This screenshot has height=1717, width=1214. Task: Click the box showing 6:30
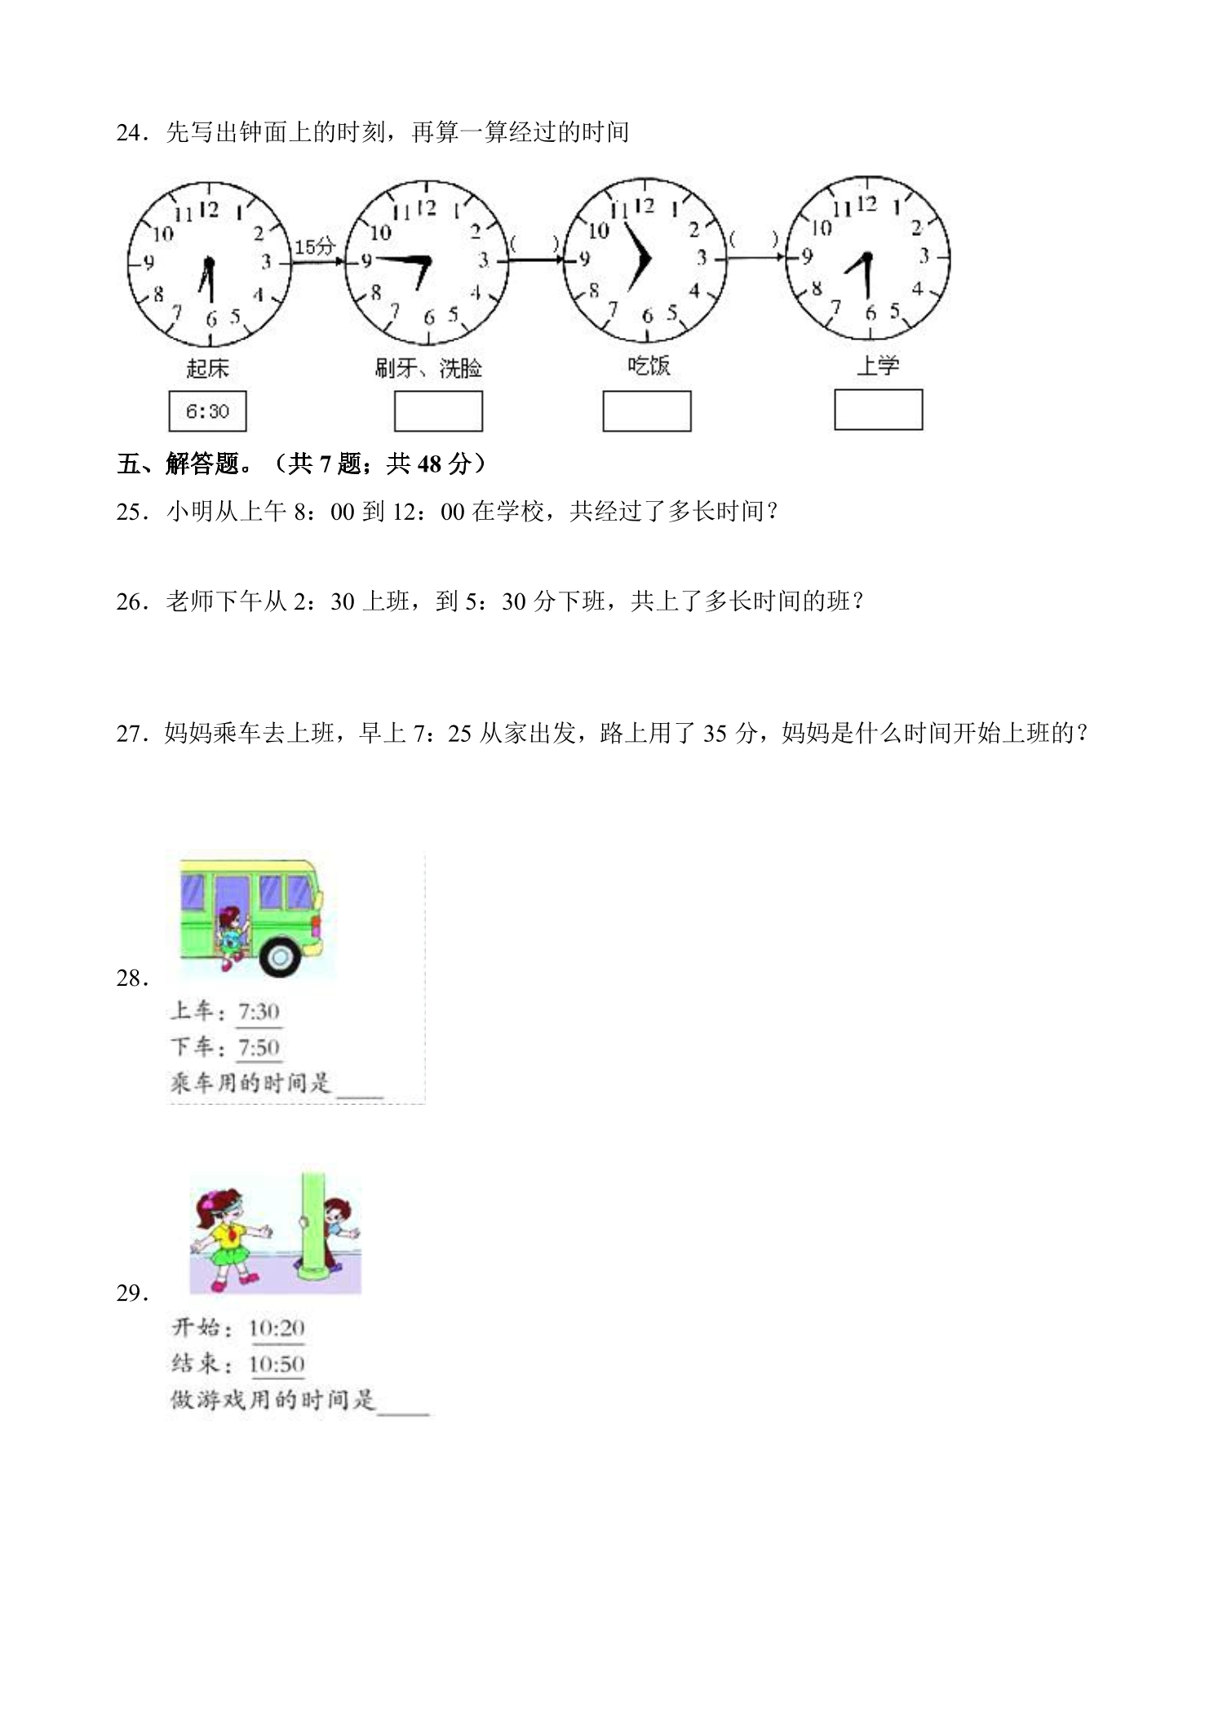pyautogui.click(x=207, y=411)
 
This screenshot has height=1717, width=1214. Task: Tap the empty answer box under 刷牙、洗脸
pyautogui.click(x=438, y=411)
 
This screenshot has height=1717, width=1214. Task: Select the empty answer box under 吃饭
pyautogui.click(x=647, y=411)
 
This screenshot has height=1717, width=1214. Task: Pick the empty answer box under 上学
pyautogui.click(x=879, y=410)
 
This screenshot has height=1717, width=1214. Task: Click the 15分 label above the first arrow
pyautogui.click(x=313, y=246)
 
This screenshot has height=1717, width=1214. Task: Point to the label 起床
pyautogui.click(x=207, y=369)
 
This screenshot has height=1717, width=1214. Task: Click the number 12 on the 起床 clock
pyautogui.click(x=209, y=210)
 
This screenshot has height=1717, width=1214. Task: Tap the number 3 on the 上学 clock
pyautogui.click(x=924, y=256)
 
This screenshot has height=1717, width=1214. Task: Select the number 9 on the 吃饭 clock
pyautogui.click(x=584, y=260)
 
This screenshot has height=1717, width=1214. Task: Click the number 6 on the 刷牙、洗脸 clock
pyautogui.click(x=429, y=317)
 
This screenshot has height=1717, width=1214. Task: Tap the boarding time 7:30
pyautogui.click(x=259, y=1012)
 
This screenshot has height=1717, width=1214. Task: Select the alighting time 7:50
pyautogui.click(x=259, y=1047)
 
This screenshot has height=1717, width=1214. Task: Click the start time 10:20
pyautogui.click(x=277, y=1329)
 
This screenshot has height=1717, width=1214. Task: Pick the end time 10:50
pyautogui.click(x=277, y=1364)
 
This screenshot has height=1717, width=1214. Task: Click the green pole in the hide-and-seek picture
pyautogui.click(x=313, y=1226)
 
